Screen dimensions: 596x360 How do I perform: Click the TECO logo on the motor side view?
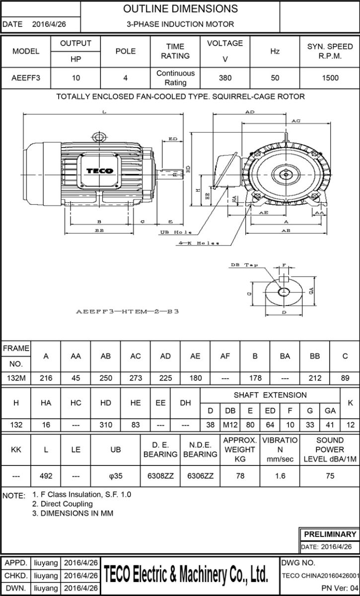pyautogui.click(x=100, y=171)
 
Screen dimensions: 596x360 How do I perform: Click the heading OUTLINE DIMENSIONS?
pyautogui.click(x=180, y=9)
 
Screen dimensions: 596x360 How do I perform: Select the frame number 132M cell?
pyautogui.click(x=16, y=378)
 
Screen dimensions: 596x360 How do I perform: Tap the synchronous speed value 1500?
pyautogui.click(x=330, y=78)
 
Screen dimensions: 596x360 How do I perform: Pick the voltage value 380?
pyautogui.click(x=225, y=78)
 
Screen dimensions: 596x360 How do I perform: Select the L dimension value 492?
pyautogui.click(x=46, y=475)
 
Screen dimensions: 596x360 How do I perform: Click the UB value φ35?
pyautogui.click(x=115, y=475)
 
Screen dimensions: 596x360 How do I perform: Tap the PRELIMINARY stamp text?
pyautogui.click(x=330, y=534)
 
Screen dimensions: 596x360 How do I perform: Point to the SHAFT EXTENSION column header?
pyautogui.click(x=270, y=395)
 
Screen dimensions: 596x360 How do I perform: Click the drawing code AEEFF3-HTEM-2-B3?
pyautogui.click(x=127, y=312)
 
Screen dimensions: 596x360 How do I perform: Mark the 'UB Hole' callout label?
pyautogui.click(x=176, y=232)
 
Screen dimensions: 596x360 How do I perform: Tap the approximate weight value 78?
pyautogui.click(x=240, y=475)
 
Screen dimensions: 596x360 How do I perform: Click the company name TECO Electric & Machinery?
pyautogui.click(x=187, y=575)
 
